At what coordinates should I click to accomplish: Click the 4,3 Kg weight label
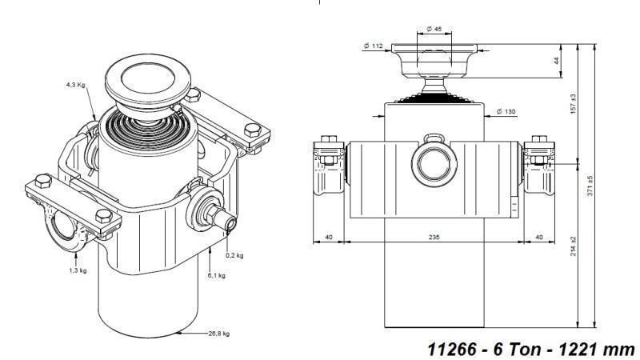(x=76, y=84)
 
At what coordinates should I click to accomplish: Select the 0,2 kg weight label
(x=234, y=255)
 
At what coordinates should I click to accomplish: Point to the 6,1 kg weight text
(x=215, y=274)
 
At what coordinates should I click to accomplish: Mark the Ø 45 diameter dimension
(x=434, y=30)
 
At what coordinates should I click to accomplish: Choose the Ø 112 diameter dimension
(x=374, y=46)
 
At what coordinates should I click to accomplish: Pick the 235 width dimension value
(x=434, y=238)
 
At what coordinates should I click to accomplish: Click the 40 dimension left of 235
(x=328, y=238)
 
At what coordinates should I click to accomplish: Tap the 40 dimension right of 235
(x=538, y=238)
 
